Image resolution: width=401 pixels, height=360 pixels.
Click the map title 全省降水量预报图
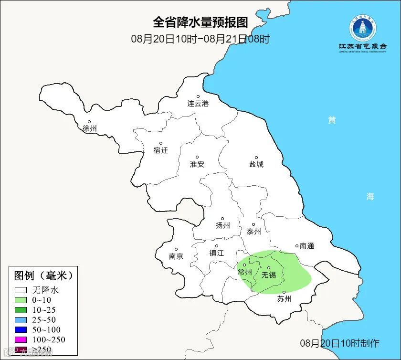200,22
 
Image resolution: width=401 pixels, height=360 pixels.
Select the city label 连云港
198,103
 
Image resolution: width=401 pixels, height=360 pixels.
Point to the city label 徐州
89,128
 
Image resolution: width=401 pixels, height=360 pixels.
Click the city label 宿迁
161,150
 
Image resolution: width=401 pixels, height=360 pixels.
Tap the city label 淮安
197,164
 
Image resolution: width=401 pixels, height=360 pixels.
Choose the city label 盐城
256,164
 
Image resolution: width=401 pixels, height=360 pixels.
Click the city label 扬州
222,225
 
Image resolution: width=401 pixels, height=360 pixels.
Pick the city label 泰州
253,232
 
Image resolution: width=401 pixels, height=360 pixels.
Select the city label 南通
306,246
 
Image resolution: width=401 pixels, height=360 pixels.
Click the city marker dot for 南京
176,249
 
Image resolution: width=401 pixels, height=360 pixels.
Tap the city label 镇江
216,253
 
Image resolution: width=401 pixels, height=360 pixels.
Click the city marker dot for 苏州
284,292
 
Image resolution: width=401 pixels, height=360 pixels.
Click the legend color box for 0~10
21,300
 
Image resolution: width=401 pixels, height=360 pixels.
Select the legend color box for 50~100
21,330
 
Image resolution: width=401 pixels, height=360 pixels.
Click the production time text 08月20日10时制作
339,343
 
